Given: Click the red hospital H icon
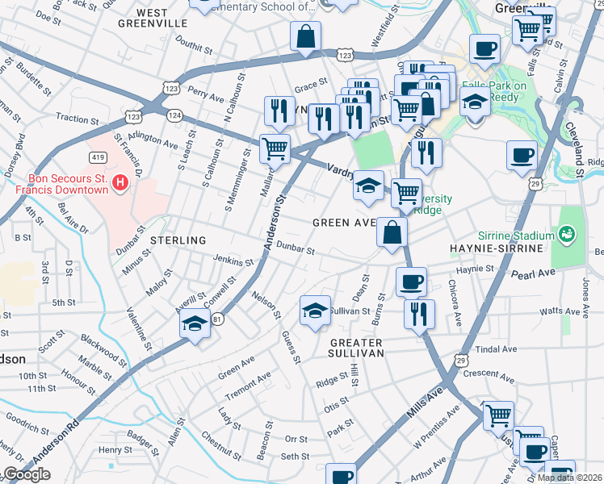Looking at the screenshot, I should tap(120, 184).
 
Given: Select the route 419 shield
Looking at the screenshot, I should tap(96, 158).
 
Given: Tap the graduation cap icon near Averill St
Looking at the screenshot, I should tap(194, 324).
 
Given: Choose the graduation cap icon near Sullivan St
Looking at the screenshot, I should tap(315, 310).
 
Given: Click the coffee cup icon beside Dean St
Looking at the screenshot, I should tap(411, 282).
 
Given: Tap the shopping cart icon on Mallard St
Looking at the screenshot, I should tap(275, 148).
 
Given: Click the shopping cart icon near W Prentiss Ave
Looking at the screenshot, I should tap(498, 416).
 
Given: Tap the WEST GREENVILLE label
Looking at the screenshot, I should tap(163, 19).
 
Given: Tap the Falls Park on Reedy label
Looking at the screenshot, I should tap(493, 91).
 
